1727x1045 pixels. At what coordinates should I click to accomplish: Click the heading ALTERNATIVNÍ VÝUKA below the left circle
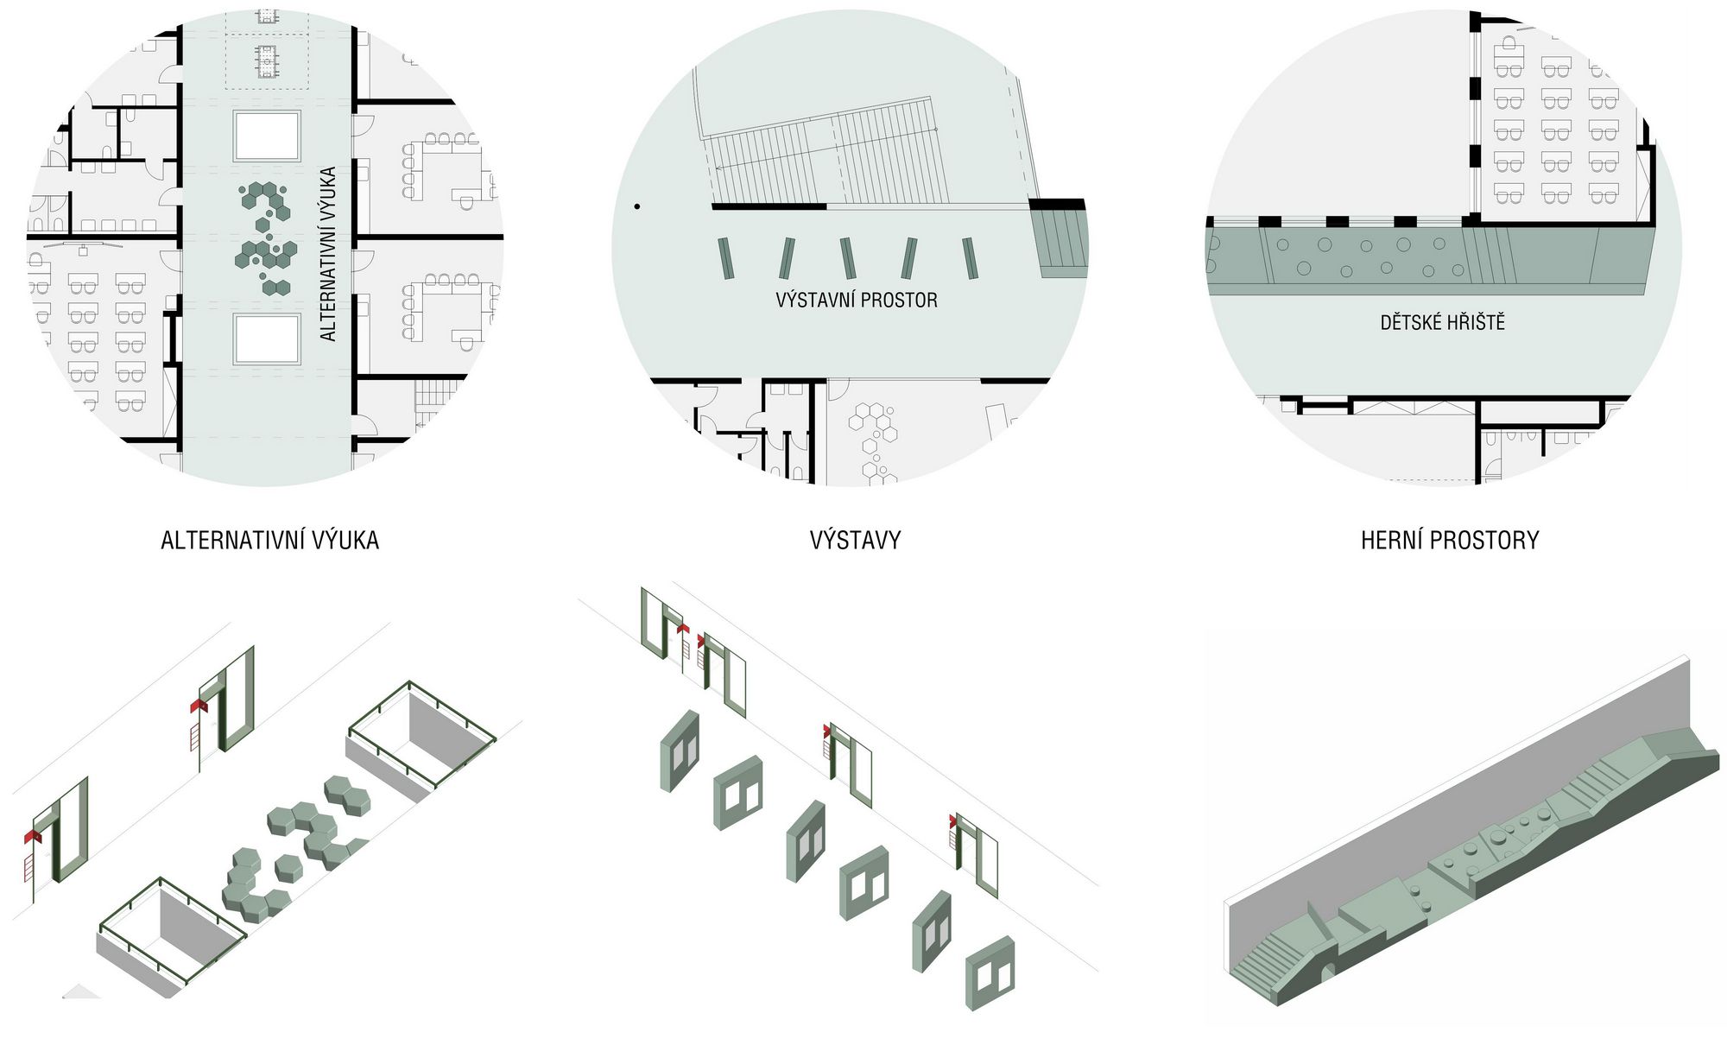[269, 541]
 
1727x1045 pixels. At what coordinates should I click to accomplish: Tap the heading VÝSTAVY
[855, 541]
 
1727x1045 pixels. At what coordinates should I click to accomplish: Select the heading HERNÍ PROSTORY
[1450, 541]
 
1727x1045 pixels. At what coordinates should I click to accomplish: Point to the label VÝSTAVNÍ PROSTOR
[856, 301]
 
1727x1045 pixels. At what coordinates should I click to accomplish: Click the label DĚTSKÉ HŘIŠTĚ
[1442, 323]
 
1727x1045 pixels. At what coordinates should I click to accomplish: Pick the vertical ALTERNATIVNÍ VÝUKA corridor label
[328, 254]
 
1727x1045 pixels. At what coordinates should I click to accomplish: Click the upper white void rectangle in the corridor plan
[267, 136]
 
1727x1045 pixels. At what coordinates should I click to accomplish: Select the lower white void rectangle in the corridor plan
[267, 339]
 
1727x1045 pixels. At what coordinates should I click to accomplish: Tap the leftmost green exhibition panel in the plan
[727, 258]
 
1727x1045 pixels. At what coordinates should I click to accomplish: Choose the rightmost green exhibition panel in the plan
[971, 258]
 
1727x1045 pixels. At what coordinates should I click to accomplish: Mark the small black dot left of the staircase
[637, 206]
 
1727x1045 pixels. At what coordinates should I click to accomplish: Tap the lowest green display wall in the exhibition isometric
[990, 972]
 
